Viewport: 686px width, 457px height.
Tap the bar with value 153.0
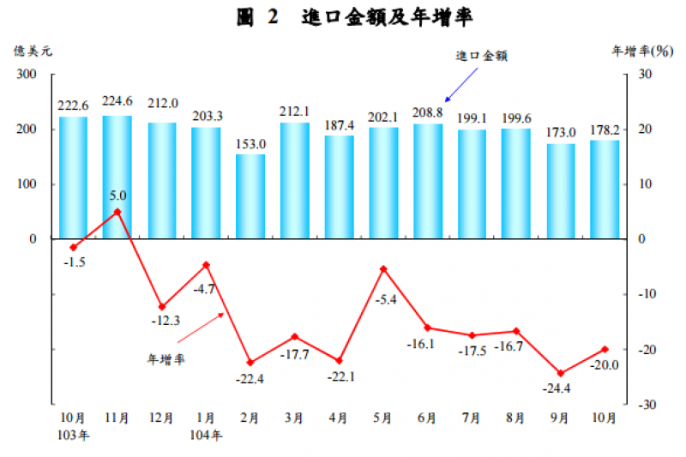250,196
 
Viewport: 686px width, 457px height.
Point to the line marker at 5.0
117,212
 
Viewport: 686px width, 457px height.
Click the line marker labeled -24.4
561,373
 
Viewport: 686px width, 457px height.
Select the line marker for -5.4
383,269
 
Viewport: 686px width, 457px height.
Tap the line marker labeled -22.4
250,363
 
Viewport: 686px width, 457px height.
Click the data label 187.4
339,126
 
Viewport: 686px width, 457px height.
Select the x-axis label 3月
294,418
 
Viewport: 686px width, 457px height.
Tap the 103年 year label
75,434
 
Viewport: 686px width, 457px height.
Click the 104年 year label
207,434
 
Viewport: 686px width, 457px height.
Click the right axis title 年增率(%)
641,51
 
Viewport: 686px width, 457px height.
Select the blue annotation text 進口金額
482,56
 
